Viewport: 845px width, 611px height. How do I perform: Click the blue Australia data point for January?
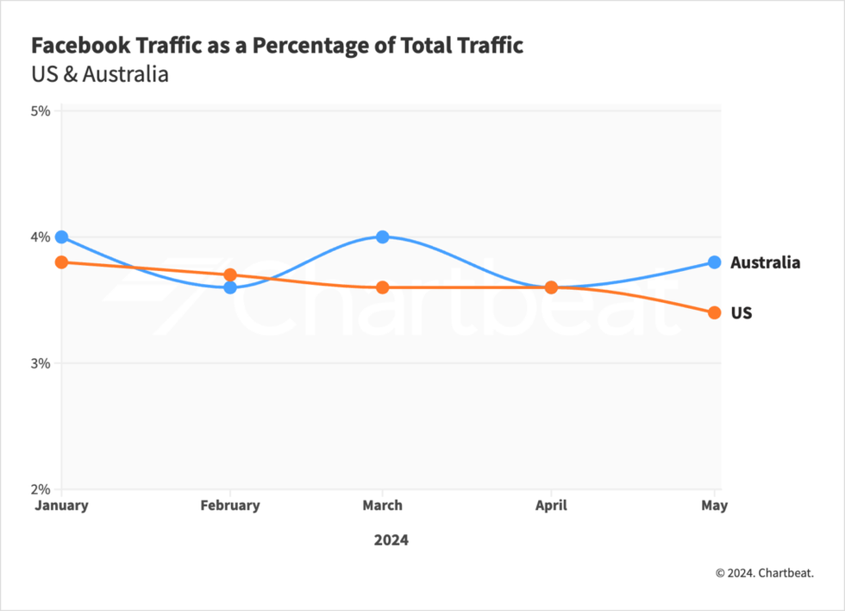pyautogui.click(x=61, y=236)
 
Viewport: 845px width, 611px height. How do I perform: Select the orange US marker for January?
pyautogui.click(x=61, y=261)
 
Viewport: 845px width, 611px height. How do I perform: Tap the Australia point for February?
pyautogui.click(x=230, y=287)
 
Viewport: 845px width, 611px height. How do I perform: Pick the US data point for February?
pyautogui.click(x=230, y=274)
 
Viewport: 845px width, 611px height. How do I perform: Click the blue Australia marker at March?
pyautogui.click(x=382, y=236)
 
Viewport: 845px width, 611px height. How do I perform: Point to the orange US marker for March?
pyautogui.click(x=382, y=287)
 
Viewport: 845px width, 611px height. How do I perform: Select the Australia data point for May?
pyautogui.click(x=714, y=261)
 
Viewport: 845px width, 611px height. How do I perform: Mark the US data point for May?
pyautogui.click(x=714, y=312)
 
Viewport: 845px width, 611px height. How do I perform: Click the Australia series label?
pyautogui.click(x=765, y=262)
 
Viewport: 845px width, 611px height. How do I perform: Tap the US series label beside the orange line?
pyautogui.click(x=742, y=313)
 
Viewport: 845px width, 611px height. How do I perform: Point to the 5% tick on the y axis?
pyautogui.click(x=41, y=110)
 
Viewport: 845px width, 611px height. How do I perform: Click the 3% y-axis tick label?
pyautogui.click(x=41, y=363)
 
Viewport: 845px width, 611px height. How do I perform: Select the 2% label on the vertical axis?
pyautogui.click(x=41, y=489)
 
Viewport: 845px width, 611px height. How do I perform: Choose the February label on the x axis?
pyautogui.click(x=230, y=506)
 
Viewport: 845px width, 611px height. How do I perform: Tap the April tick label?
pyautogui.click(x=551, y=506)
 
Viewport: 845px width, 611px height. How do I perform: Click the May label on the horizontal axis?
pyautogui.click(x=714, y=506)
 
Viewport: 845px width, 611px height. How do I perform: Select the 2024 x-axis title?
pyautogui.click(x=391, y=540)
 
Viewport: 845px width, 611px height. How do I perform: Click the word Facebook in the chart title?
pyautogui.click(x=75, y=46)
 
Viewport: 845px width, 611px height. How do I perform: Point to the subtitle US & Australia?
pyautogui.click(x=99, y=74)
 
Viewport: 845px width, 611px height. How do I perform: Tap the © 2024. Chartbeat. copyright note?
pyautogui.click(x=764, y=572)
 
